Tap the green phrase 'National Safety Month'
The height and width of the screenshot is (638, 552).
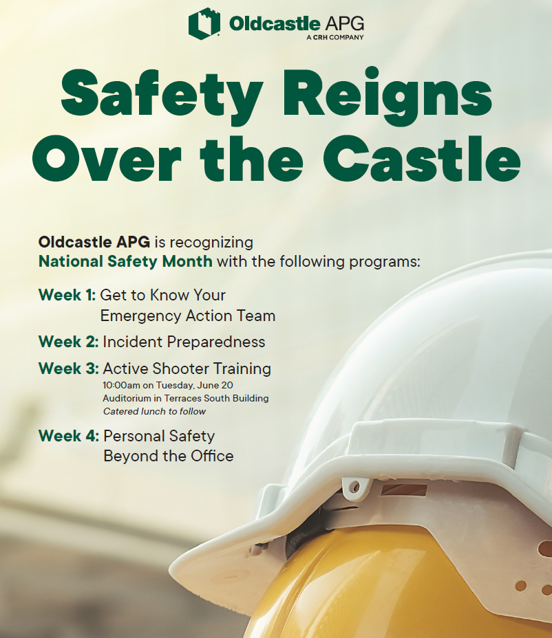[125, 262]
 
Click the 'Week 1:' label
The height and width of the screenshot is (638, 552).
[67, 296]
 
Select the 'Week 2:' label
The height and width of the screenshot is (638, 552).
[68, 342]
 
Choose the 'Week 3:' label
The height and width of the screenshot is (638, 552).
[68, 368]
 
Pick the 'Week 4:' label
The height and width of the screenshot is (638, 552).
[68, 436]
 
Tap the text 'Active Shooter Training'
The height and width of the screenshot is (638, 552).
[187, 368]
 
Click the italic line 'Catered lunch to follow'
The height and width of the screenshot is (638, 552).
[154, 411]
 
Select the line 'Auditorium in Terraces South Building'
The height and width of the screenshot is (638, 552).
[185, 398]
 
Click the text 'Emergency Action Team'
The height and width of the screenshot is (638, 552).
[187, 316]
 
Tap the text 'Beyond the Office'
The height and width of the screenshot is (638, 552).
[168, 456]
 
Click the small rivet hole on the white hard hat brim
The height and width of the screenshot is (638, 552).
[354, 487]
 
